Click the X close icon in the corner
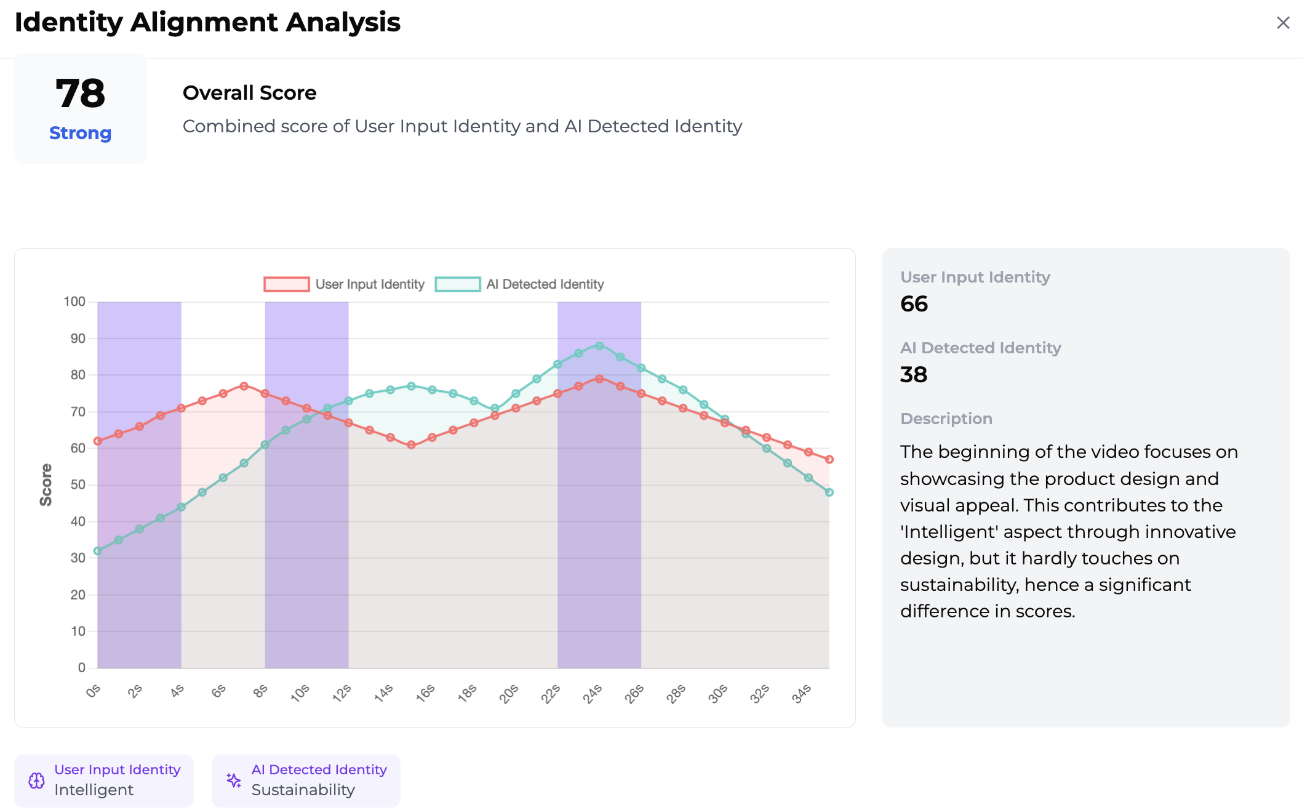point(1283,23)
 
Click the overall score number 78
point(80,94)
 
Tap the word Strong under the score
point(80,133)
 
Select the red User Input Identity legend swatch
point(286,284)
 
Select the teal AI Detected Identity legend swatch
point(457,284)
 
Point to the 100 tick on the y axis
point(74,302)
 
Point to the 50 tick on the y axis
point(78,484)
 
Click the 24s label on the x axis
point(592,694)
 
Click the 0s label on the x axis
point(93,691)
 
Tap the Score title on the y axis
point(46,485)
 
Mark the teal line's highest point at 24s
point(599,346)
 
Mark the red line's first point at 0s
point(98,441)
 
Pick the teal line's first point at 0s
point(98,551)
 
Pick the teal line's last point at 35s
point(829,492)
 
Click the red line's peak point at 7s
point(244,386)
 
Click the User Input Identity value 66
point(914,304)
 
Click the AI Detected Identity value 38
point(914,375)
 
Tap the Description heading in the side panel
point(946,419)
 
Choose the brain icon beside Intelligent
point(37,780)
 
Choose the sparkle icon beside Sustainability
point(234,780)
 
